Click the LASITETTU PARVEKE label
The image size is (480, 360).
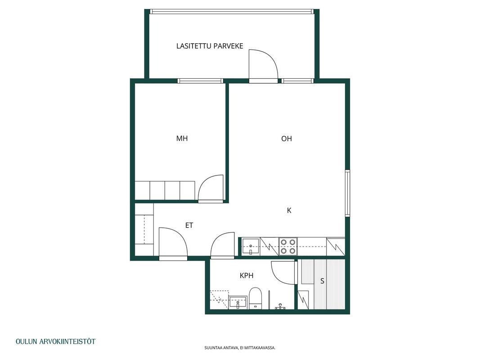pyautogui.click(x=210, y=46)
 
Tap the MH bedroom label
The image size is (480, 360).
pyautogui.click(x=182, y=138)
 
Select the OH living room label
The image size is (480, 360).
pyautogui.click(x=287, y=139)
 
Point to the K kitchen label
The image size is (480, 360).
pyautogui.click(x=289, y=210)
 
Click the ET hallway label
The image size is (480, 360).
pyautogui.click(x=189, y=225)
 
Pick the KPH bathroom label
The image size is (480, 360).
pyautogui.click(x=247, y=275)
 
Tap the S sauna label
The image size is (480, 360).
pyautogui.click(x=322, y=281)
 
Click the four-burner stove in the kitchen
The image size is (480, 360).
pyautogui.click(x=288, y=247)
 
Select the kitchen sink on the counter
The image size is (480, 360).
pyautogui.click(x=251, y=247)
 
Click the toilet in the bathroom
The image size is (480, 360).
pyautogui.click(x=255, y=298)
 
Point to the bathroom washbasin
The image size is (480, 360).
pyautogui.click(x=238, y=302)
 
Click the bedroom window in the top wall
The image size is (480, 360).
pyautogui.click(x=200, y=81)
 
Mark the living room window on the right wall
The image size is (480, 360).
pyautogui.click(x=347, y=193)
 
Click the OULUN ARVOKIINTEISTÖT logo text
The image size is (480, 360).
pyautogui.click(x=56, y=342)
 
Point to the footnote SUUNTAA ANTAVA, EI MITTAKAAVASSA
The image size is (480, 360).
pyautogui.click(x=240, y=348)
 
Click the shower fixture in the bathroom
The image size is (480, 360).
pyautogui.click(x=280, y=306)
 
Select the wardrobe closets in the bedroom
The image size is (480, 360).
pyautogui.click(x=165, y=190)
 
